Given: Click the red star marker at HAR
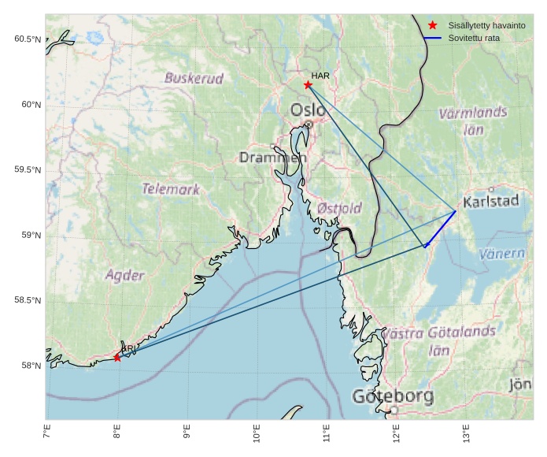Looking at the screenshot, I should (308, 84).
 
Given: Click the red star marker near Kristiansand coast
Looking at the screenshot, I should (117, 357).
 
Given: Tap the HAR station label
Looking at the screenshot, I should (320, 76).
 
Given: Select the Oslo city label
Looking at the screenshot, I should (308, 110).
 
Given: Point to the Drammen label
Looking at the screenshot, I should (272, 158).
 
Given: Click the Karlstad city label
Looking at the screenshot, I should (491, 201).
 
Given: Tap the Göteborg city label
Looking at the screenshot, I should (393, 396).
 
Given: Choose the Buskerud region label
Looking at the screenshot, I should (194, 78).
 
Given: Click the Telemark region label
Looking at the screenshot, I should (170, 189).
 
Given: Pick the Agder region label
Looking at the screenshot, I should (124, 275).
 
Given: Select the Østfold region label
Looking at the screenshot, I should (339, 208).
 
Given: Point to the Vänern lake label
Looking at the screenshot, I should (501, 254).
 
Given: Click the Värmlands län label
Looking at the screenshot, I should (472, 121).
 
